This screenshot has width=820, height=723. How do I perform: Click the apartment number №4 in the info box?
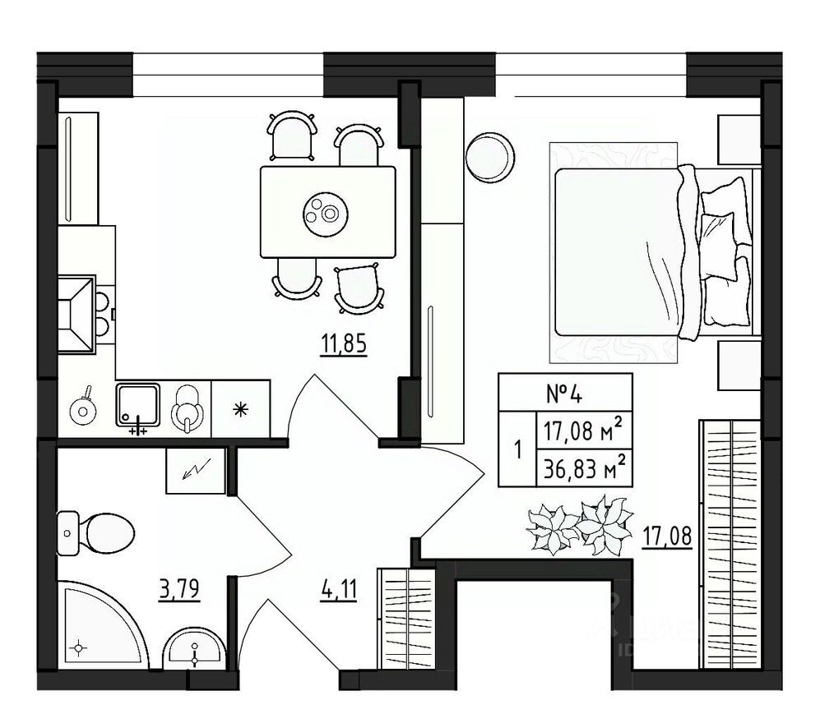tap(565, 393)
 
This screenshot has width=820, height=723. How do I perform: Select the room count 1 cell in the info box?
tap(517, 450)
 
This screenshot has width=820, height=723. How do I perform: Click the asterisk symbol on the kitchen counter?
tap(241, 408)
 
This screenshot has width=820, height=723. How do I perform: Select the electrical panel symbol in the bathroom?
tap(195, 471)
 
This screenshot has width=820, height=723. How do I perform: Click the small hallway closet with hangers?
tap(405, 618)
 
